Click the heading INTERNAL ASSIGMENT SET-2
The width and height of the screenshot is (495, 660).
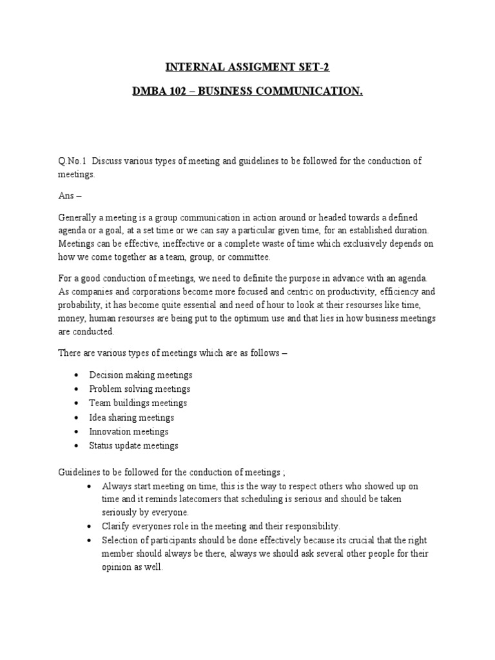(247, 66)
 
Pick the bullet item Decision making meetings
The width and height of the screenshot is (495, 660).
(141, 375)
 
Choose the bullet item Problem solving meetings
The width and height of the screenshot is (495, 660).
(139, 389)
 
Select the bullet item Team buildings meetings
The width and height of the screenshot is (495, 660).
(138, 403)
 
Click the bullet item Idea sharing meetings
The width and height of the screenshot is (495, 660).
(131, 418)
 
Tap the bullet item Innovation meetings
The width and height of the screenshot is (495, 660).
(129, 432)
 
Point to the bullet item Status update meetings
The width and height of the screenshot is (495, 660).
(134, 446)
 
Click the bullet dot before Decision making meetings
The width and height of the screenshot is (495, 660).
(77, 375)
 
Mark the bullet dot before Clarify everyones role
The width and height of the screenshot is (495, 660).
(88, 526)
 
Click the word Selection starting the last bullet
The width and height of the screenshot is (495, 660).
(119, 540)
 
